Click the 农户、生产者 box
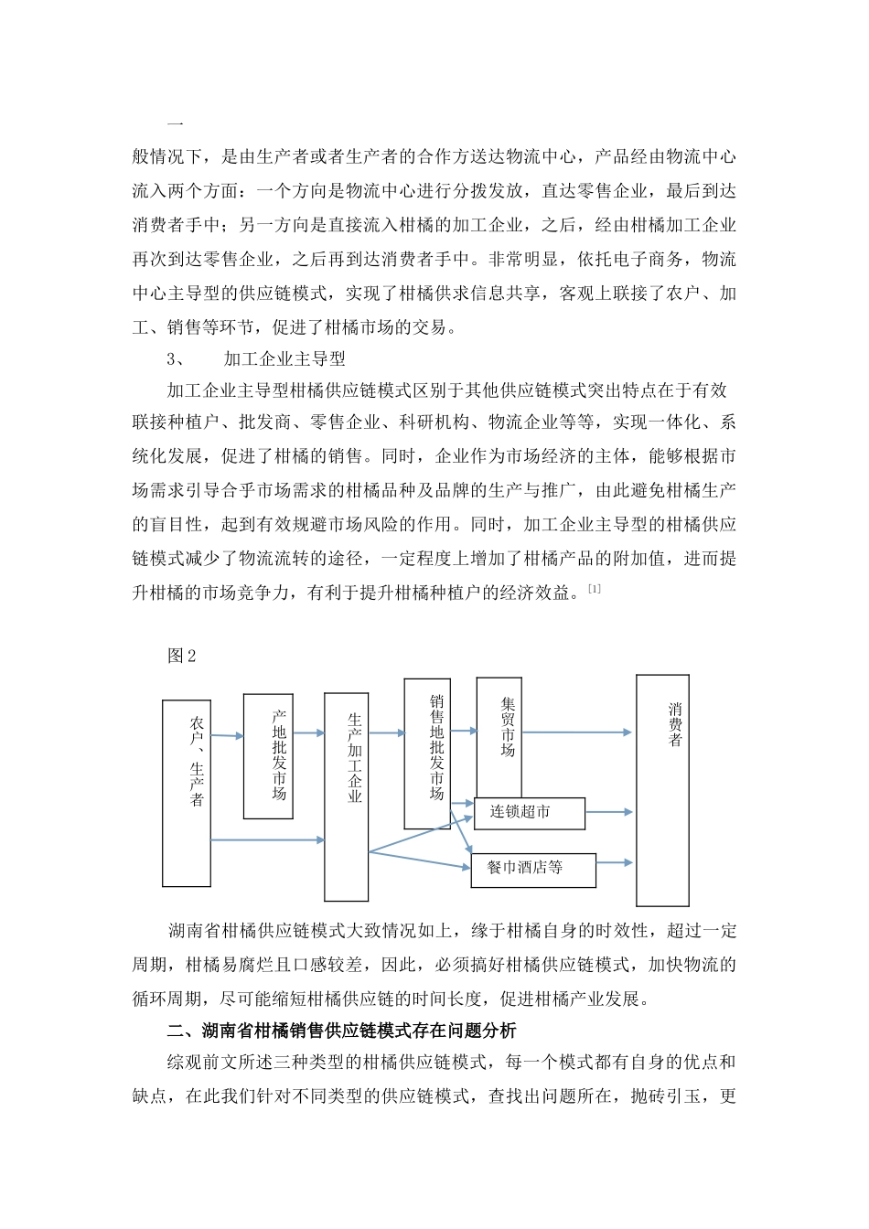point(187,792)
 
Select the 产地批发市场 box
point(268,755)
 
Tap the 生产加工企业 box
point(346,796)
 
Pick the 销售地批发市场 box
point(427,753)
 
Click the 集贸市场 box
point(499,737)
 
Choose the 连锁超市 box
point(529,813)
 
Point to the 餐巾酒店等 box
point(533,870)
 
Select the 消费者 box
point(662,790)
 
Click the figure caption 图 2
point(182,657)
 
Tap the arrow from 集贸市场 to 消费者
point(576,732)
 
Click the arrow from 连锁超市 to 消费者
point(608,812)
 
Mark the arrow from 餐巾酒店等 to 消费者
point(614,862)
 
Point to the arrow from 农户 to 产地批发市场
point(227,735)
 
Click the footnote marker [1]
point(594,589)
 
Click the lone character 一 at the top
point(177,123)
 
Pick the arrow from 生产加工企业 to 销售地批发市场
point(386,732)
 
